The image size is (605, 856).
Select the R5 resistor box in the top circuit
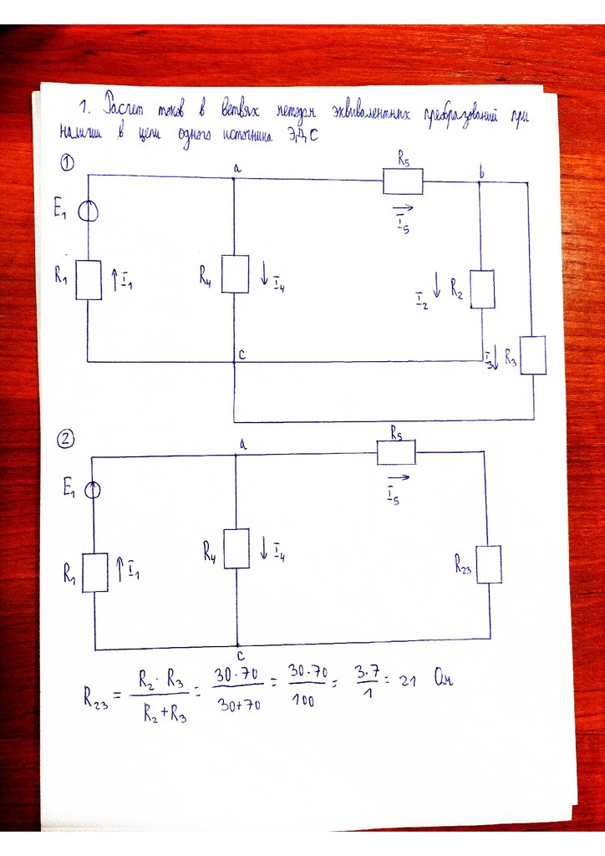403,181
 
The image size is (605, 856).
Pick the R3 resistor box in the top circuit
532,355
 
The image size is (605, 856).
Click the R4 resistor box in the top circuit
235,274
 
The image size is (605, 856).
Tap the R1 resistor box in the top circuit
89,279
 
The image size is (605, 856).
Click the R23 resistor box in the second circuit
488,564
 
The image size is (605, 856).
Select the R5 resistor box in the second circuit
396,452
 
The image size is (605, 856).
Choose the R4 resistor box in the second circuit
236,548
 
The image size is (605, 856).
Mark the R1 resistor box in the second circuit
95,573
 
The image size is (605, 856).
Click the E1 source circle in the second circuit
93,491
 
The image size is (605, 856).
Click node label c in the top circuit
241,354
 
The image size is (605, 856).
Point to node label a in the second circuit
242,446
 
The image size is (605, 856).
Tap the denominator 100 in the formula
303,702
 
